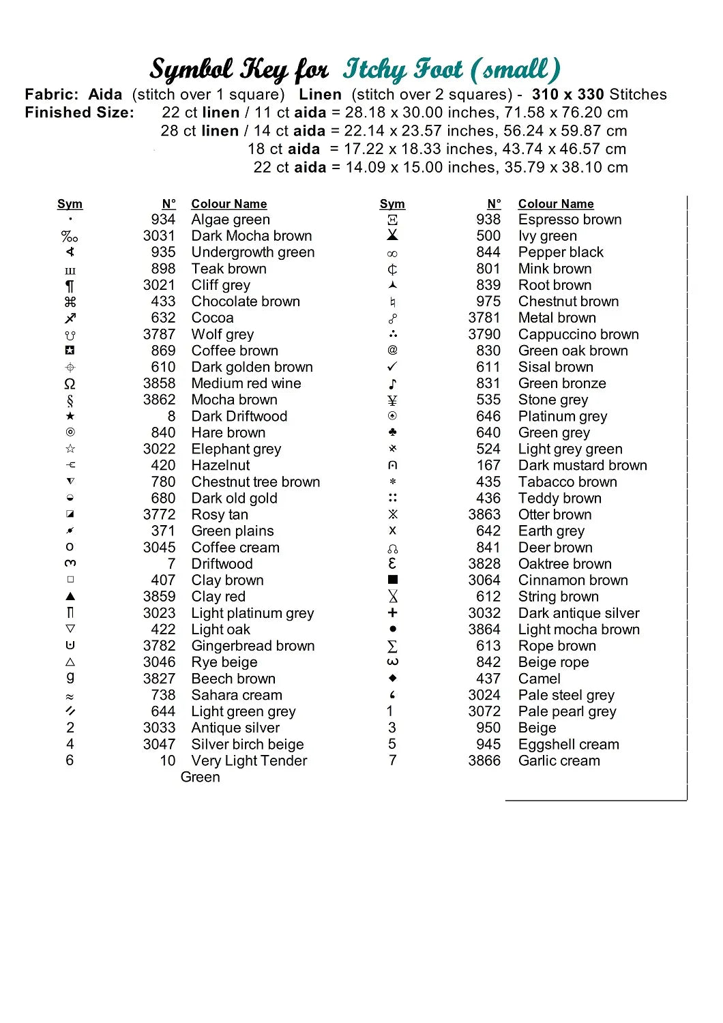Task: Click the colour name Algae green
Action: tap(231, 220)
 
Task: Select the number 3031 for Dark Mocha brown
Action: tap(159, 236)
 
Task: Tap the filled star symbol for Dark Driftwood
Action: tap(70, 416)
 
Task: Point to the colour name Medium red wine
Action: tap(246, 383)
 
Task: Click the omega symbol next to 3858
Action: tap(70, 384)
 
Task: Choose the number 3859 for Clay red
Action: tap(159, 597)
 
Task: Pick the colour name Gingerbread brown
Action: tap(253, 646)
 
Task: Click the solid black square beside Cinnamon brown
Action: tap(392, 580)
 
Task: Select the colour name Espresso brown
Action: tap(570, 220)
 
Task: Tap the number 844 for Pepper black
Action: tap(488, 252)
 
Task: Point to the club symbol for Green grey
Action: tap(392, 432)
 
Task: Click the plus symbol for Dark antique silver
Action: tap(392, 612)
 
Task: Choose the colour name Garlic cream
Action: tap(559, 760)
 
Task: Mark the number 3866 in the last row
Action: tap(484, 760)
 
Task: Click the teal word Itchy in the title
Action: tap(375, 70)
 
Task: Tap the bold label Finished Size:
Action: tap(80, 113)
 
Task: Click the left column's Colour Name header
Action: tap(229, 204)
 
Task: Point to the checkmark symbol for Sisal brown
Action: tap(392, 367)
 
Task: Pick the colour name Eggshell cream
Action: tap(569, 744)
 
